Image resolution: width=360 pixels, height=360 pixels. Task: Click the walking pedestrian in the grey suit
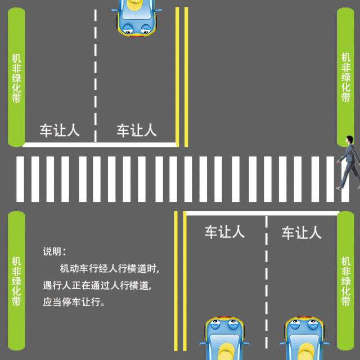coord(349,163)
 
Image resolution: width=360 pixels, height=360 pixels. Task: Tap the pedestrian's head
coord(349,139)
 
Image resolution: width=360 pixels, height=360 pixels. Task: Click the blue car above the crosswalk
coord(137,17)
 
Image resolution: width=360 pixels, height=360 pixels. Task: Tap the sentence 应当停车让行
coord(74,302)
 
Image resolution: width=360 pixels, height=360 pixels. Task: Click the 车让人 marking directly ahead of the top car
coord(136,130)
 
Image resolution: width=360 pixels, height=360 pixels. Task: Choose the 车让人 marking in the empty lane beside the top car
coord(59,130)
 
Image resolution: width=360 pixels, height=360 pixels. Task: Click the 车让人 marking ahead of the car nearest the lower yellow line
coord(224,232)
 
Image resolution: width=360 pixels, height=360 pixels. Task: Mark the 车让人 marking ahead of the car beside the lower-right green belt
coord(301,232)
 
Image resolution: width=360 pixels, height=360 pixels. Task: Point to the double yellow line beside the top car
coord(181,73)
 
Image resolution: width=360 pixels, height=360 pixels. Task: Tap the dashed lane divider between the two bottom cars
coord(265,281)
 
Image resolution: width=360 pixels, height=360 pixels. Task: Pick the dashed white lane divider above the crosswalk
coord(96,73)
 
